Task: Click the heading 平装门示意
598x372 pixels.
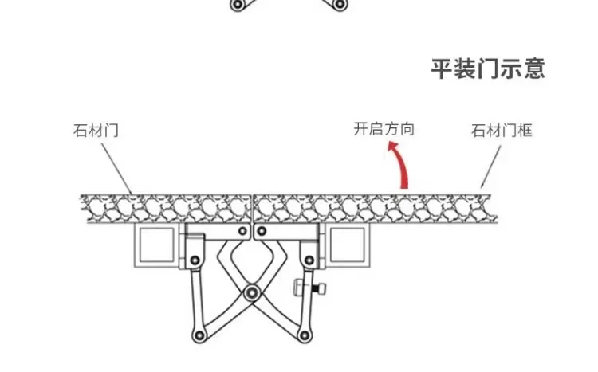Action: tap(488, 69)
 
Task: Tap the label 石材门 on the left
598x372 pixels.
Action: tap(96, 130)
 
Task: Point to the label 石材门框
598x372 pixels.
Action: tap(501, 130)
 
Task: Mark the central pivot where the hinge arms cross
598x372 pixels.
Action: tap(253, 292)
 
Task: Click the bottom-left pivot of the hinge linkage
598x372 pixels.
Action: tap(195, 333)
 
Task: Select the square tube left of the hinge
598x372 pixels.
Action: tap(156, 245)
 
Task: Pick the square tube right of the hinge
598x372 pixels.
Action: tap(348, 245)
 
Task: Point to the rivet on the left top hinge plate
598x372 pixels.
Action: tap(239, 232)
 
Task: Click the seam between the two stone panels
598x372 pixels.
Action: tap(252, 208)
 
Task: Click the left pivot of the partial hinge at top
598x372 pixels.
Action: tap(236, 5)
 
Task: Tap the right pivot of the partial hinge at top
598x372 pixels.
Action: tap(340, 5)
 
